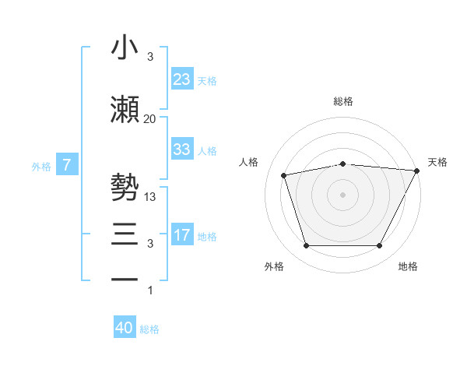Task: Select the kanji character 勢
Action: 125,188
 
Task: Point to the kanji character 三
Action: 125,234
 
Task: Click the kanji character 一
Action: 125,279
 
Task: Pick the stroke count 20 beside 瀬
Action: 149,118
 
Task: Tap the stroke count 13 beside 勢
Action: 151,197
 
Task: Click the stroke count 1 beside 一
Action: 149,290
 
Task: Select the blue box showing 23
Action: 181,79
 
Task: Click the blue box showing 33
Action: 181,150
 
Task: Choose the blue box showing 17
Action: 181,235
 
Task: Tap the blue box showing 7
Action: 67,165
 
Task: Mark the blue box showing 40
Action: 125,329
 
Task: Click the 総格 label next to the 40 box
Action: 149,329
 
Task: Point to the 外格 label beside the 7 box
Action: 41,166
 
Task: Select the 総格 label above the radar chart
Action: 342,101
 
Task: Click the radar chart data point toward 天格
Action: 418,171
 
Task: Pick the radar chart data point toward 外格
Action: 306,246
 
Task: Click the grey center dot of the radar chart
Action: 342,194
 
